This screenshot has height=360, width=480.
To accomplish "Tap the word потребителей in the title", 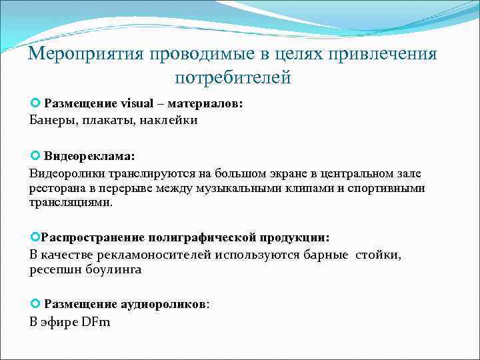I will click(233, 78).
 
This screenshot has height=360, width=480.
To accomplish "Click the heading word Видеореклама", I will click(89, 155).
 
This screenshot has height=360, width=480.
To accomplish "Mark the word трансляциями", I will click(71, 203).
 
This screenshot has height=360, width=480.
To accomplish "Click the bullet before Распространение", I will click(35, 237).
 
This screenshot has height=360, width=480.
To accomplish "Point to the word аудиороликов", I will click(163, 304).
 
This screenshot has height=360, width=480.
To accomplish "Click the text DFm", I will click(97, 322).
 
